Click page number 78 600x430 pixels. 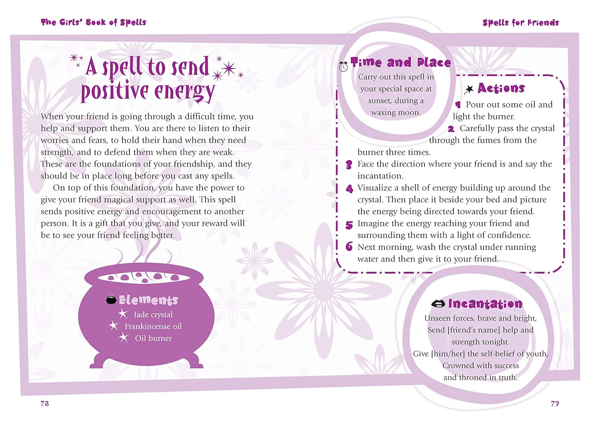coord(44,403)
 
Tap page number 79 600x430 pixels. coord(555,403)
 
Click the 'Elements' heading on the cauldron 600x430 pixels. coord(148,300)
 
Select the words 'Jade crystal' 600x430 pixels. coord(153,315)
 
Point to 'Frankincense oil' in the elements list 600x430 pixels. coord(153,327)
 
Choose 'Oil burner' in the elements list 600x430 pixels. coord(153,338)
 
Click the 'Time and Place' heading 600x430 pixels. coord(401,62)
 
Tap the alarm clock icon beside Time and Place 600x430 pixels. coord(343,66)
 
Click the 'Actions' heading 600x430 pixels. coord(501,88)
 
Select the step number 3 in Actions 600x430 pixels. coord(349,165)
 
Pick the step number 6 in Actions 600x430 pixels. coord(349,247)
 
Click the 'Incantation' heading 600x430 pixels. coord(485,304)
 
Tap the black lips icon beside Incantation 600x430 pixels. coord(438,304)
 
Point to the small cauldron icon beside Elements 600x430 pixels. coord(111,299)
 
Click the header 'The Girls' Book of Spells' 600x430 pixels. coord(93,22)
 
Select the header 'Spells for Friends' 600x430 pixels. coord(520,23)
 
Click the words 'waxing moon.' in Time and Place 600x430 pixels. coord(396,113)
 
